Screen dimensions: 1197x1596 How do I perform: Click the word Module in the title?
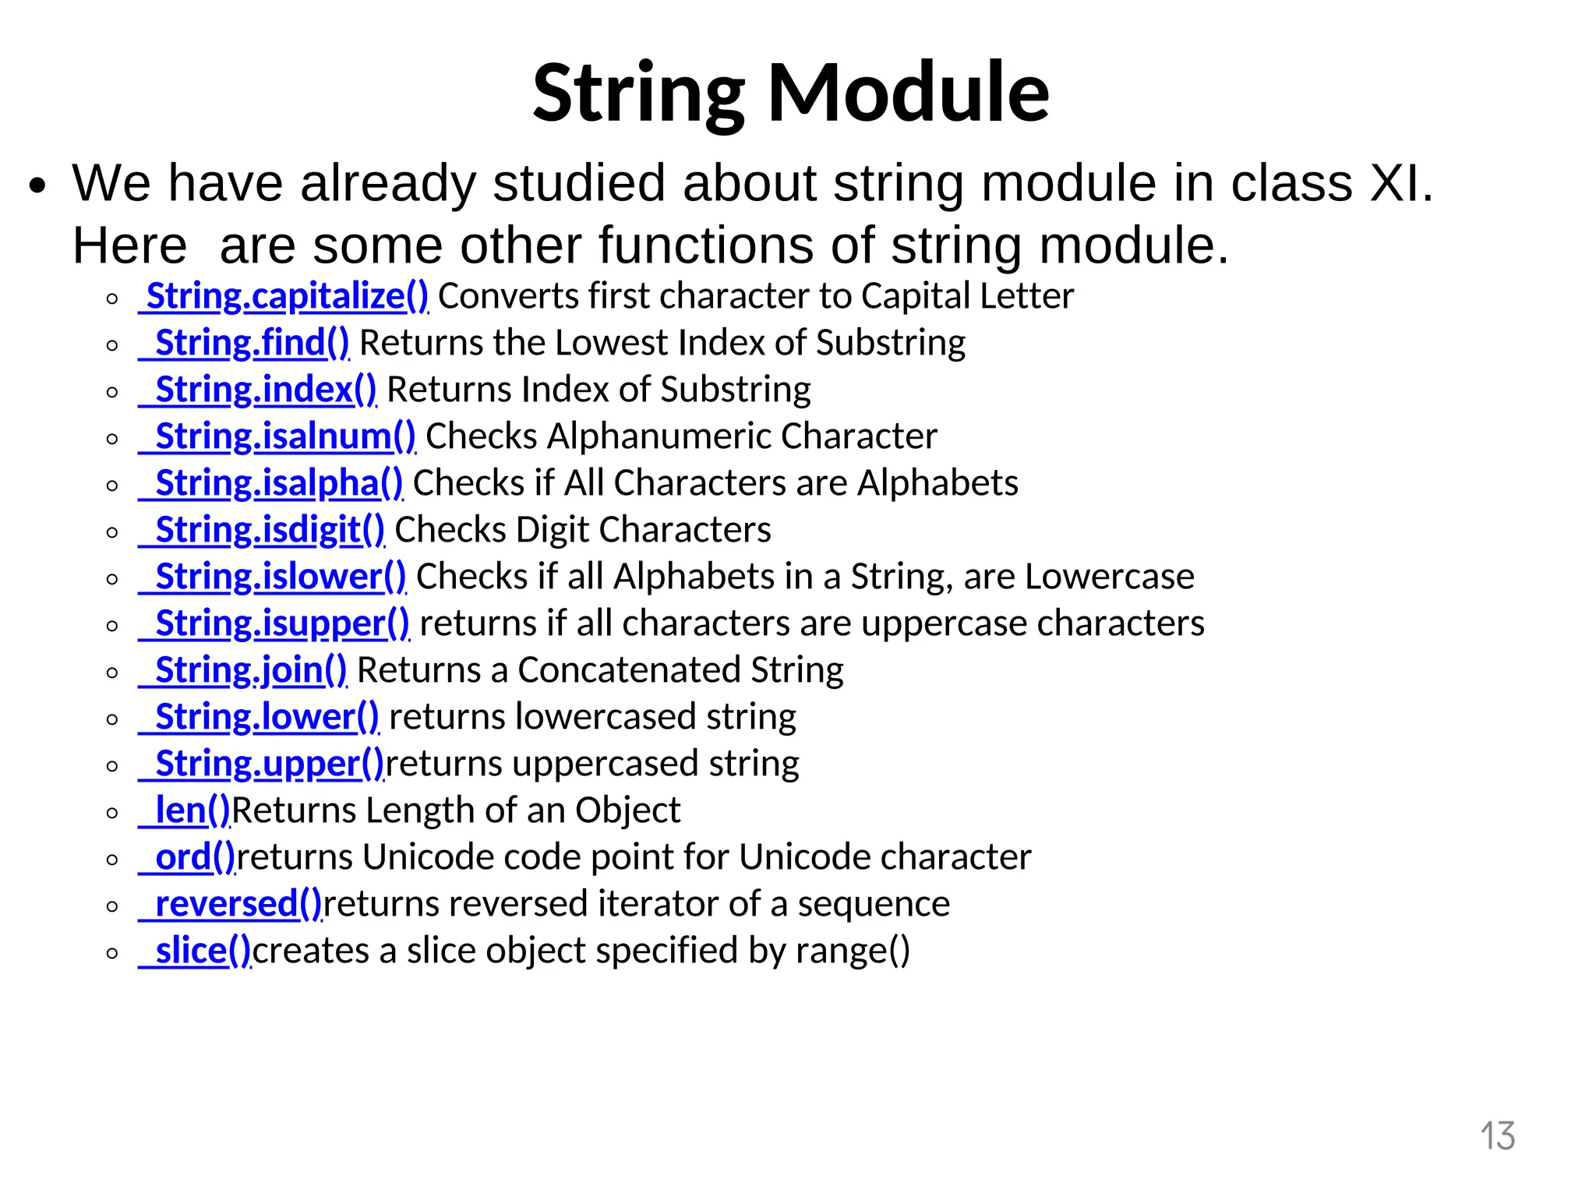tap(909, 94)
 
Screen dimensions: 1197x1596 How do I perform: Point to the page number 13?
tap(1497, 1136)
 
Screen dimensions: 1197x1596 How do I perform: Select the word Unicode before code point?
tap(414, 858)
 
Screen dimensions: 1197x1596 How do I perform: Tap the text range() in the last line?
tap(853, 952)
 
